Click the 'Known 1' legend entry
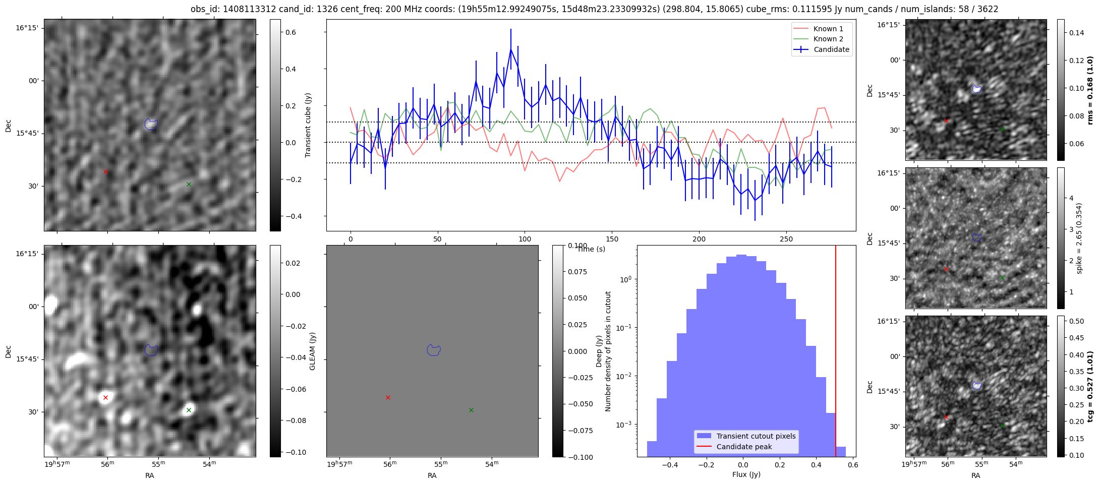(x=828, y=29)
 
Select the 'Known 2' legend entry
(x=828, y=39)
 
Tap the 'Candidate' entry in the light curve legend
(x=831, y=49)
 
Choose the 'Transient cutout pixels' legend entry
(x=756, y=436)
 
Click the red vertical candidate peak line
(x=836, y=353)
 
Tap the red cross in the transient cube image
(x=105, y=172)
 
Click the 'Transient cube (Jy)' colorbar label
(x=308, y=125)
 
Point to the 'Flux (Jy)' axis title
(x=746, y=474)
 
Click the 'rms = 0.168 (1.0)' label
(x=1090, y=90)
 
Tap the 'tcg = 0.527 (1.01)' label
(x=1090, y=387)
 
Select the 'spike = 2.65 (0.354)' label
(x=1079, y=238)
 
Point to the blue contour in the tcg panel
(x=977, y=386)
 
